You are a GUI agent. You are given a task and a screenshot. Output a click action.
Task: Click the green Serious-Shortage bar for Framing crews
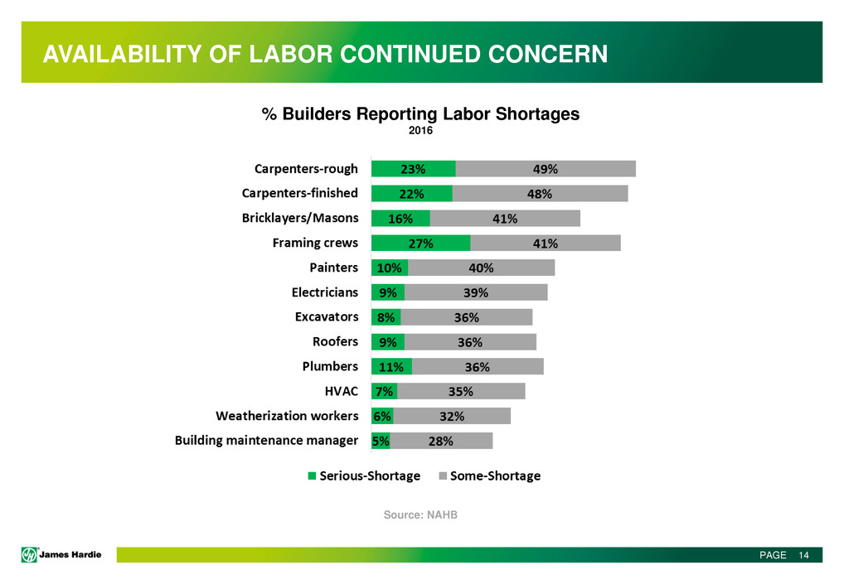coord(420,243)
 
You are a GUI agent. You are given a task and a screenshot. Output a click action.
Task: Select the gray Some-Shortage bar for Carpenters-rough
coord(546,169)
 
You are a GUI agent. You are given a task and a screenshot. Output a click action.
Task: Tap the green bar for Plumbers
coord(391,366)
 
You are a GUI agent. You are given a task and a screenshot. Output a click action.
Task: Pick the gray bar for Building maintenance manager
coord(441,441)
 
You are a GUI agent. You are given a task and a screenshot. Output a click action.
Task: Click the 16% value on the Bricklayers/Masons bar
coord(400,219)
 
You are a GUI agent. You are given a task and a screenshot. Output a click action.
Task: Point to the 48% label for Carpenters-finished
coord(540,194)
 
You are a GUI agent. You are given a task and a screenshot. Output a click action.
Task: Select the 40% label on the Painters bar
coord(481,268)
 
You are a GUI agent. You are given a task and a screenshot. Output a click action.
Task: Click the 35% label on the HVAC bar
coord(461,391)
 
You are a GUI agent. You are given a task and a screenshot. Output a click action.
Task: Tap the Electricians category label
coord(325,292)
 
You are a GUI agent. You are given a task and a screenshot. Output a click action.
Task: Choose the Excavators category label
coord(327,316)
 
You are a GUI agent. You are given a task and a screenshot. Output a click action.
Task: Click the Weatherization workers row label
coord(287,415)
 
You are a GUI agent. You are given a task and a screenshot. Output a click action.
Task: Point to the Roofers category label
coord(335,341)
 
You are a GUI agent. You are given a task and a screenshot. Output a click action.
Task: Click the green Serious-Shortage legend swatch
coord(312,475)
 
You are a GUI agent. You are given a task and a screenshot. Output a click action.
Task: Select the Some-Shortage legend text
coord(495,475)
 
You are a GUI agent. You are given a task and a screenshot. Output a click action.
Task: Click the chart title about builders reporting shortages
coord(420,114)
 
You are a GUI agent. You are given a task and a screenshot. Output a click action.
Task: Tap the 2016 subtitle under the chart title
coord(420,131)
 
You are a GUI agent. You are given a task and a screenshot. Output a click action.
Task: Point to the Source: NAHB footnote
coord(420,515)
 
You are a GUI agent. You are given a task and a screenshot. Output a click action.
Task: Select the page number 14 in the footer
coord(803,555)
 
